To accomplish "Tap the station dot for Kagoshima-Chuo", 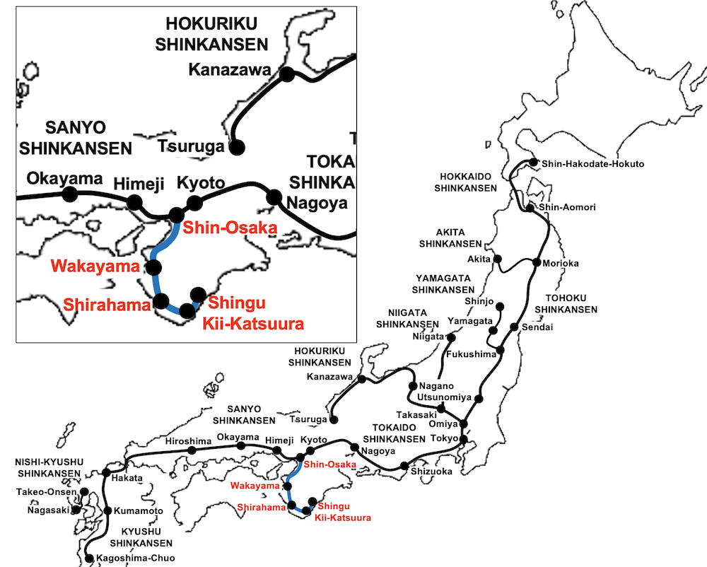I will pyautogui.click(x=89, y=559).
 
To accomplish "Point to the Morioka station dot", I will pyautogui.click(x=538, y=263).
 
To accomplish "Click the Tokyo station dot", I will pyautogui.click(x=464, y=439).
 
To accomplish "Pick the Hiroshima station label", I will pyautogui.click(x=188, y=441).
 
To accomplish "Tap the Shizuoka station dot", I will pyautogui.click(x=404, y=466).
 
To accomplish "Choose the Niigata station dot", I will pyautogui.click(x=450, y=337).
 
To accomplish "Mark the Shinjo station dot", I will pyautogui.click(x=501, y=307).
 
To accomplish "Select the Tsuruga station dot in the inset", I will pyautogui.click(x=236, y=147).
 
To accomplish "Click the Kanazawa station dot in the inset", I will pyautogui.click(x=287, y=74).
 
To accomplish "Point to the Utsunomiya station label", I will pyautogui.click(x=444, y=397).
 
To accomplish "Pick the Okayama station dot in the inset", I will pyautogui.click(x=69, y=193).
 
